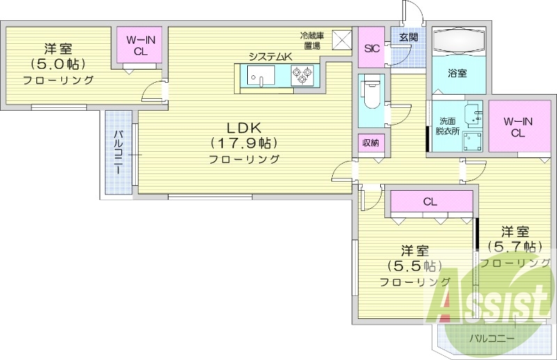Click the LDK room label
[243, 127]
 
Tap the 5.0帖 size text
[58, 63]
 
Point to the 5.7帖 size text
[515, 246]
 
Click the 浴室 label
[457, 72]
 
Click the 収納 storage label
[370, 143]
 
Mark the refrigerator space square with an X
[341, 40]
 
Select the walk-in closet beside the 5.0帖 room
[140, 46]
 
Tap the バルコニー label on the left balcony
[118, 151]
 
